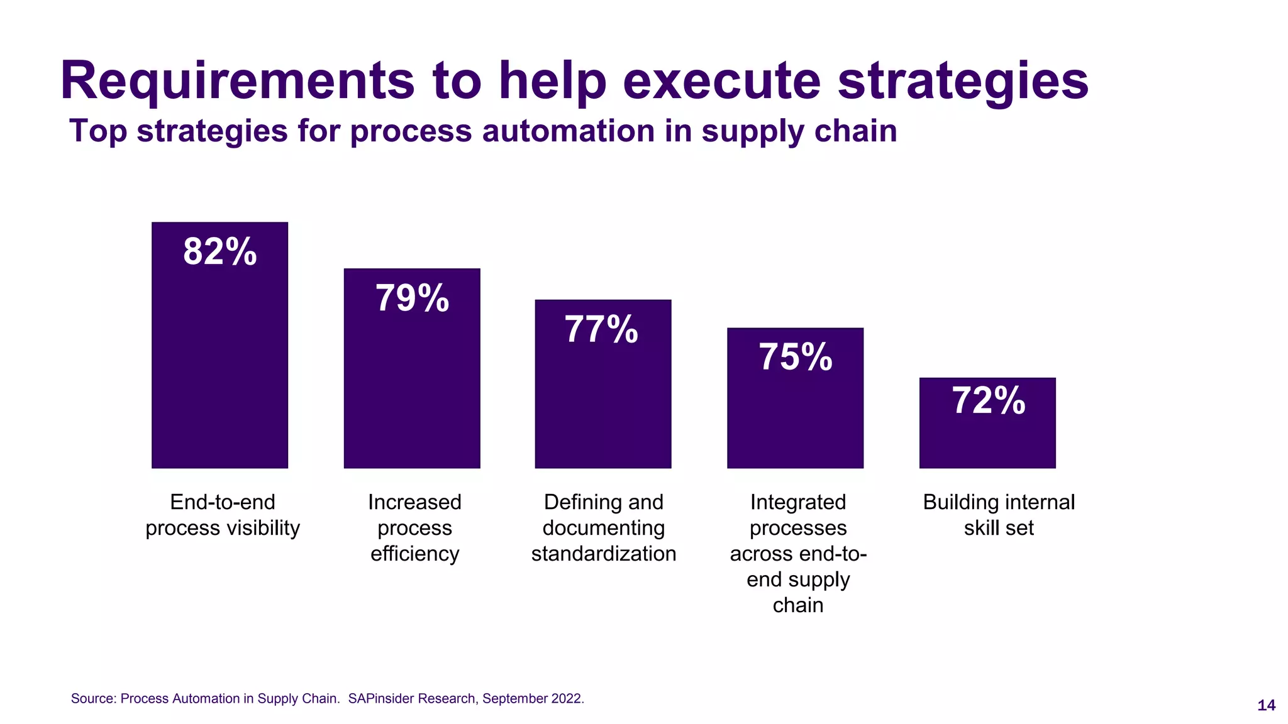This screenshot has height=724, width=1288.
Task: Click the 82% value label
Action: pos(219,252)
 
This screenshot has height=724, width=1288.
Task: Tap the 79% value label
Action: pos(412,298)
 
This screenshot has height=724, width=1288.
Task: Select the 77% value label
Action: pos(601,329)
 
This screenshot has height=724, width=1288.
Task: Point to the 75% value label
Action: pos(795,357)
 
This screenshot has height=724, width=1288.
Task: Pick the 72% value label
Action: pos(988,401)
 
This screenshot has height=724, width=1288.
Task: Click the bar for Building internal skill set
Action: pos(987,440)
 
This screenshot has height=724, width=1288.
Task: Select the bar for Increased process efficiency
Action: pos(412,390)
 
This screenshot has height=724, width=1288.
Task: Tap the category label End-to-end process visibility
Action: pos(223,515)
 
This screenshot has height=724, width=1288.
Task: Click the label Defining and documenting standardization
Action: pos(603,528)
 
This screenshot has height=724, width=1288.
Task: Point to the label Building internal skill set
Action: pos(999,515)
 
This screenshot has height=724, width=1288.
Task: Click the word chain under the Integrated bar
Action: pos(797,605)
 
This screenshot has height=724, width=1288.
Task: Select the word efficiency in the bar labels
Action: pos(414,554)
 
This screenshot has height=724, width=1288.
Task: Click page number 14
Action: pos(1266,706)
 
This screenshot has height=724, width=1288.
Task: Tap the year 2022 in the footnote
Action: pos(567,699)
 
